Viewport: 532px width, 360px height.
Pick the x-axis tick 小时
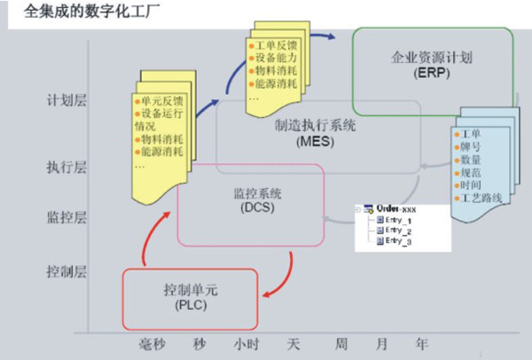[x=246, y=341]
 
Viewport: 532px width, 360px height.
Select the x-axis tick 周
[x=340, y=341]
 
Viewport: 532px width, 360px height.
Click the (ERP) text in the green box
[x=432, y=73]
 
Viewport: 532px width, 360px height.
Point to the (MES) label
[x=315, y=141]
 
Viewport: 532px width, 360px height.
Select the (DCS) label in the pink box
[x=253, y=207]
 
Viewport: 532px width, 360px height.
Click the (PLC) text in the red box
[x=189, y=306]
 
